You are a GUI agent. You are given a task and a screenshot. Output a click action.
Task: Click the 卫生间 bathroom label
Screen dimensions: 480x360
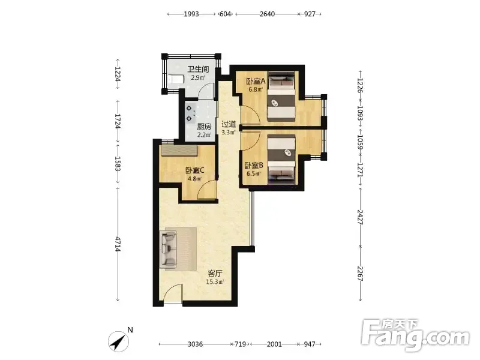tap(198, 69)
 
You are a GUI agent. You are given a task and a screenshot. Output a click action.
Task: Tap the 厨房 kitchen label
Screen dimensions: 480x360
tap(204, 127)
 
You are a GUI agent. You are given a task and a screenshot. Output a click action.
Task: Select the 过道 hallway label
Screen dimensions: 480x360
tap(229, 124)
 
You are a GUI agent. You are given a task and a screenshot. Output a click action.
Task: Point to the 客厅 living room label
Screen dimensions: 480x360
tap(215, 274)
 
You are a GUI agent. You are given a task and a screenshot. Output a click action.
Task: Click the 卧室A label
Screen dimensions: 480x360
tap(256, 82)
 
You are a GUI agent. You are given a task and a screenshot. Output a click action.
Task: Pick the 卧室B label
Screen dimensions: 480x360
tap(254, 166)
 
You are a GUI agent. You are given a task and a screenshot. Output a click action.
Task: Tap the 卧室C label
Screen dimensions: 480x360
tap(194, 170)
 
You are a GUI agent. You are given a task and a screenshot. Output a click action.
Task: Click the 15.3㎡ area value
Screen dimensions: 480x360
tap(215, 282)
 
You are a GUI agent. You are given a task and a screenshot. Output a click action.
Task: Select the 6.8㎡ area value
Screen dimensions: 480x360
tap(256, 89)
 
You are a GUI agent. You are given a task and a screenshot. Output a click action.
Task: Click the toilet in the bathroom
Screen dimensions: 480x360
tap(175, 79)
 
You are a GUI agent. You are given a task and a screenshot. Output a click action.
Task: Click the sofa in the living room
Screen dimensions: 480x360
tap(169, 248)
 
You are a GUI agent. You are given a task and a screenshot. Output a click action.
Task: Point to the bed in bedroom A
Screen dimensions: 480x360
tap(281, 97)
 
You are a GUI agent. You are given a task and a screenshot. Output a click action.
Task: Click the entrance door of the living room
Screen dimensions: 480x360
tap(173, 293)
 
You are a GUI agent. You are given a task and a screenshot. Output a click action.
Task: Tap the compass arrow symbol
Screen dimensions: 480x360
tap(118, 341)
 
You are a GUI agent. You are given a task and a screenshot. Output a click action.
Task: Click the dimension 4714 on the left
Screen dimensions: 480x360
tap(118, 244)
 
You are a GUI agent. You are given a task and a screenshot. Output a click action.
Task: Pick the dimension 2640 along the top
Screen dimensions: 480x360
tap(267, 14)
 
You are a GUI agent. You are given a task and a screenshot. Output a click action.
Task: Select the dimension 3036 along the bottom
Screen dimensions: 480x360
tap(195, 344)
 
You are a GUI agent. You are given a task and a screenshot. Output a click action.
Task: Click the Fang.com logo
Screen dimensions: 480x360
tap(415, 335)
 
